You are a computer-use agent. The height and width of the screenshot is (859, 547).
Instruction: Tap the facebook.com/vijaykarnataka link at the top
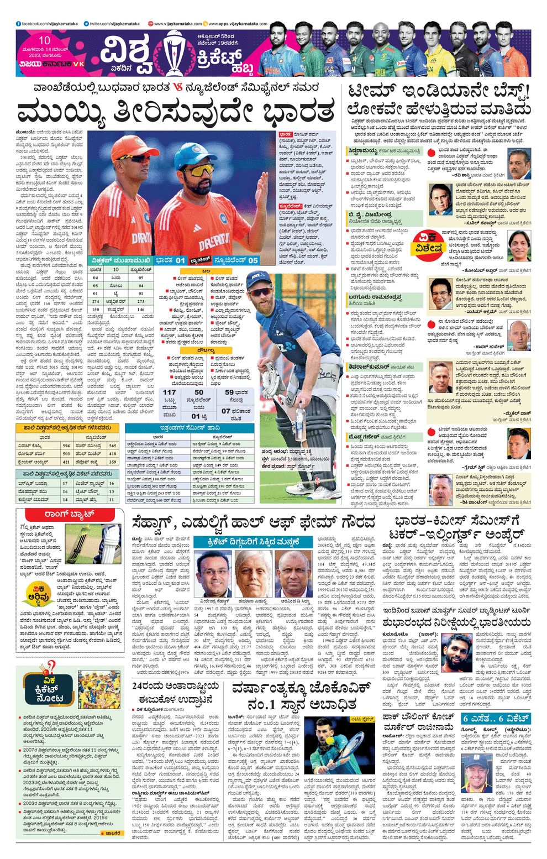(x=48, y=24)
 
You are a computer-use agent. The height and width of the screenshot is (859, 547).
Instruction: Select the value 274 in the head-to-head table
(x=96, y=301)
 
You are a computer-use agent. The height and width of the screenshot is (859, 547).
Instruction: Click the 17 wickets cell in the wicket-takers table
(x=65, y=483)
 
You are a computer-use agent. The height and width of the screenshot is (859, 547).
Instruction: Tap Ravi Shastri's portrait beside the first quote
(x=519, y=163)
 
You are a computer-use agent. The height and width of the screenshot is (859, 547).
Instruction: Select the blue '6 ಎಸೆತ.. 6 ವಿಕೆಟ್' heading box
(x=496, y=719)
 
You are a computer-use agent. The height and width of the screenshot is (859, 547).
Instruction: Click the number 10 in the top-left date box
(x=45, y=40)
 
